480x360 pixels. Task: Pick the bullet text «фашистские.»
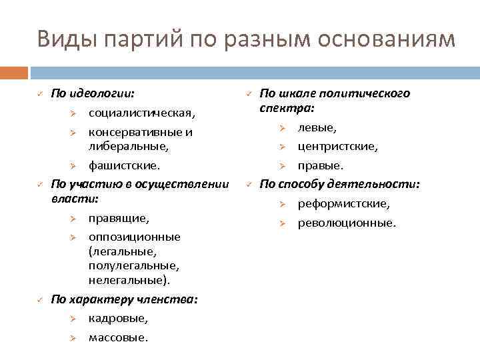[124, 164]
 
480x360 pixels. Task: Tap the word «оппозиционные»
[134, 237]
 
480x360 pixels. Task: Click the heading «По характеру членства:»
[124, 299]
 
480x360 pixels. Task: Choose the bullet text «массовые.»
[119, 338]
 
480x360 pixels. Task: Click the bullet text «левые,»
[317, 127]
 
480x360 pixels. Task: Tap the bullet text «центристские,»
[337, 146]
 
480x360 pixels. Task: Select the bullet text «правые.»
[321, 165]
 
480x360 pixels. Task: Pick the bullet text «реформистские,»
[344, 203]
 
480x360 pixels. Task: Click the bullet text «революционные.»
[347, 223]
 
